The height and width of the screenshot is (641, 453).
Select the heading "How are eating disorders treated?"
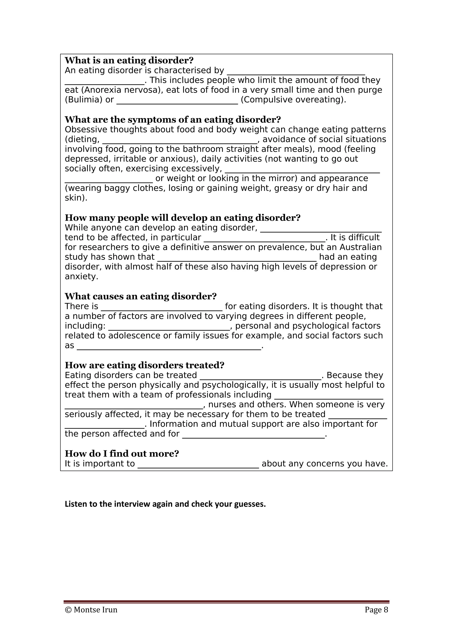(x=144, y=365)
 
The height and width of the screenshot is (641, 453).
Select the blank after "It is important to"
(x=198, y=465)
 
